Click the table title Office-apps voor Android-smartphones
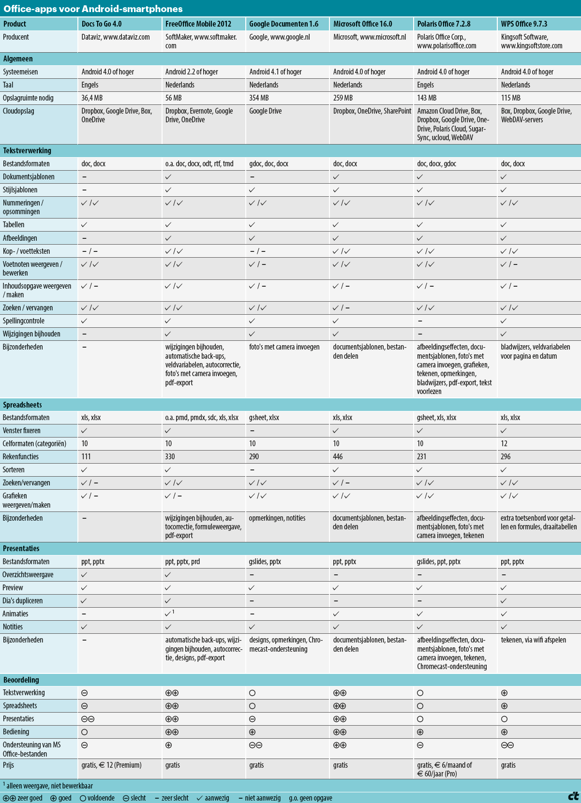tap(93, 9)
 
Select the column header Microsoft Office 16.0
tap(362, 24)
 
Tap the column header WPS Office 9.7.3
tap(524, 24)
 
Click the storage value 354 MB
tap(259, 98)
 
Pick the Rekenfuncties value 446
tap(338, 456)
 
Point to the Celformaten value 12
tap(504, 443)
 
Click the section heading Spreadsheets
tap(22, 405)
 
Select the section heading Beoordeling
tap(21, 680)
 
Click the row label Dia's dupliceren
tap(23, 600)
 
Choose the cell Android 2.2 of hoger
tap(192, 72)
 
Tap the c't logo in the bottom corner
tap(573, 796)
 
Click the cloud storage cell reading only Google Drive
tap(265, 111)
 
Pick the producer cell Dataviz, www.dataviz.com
tap(116, 37)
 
